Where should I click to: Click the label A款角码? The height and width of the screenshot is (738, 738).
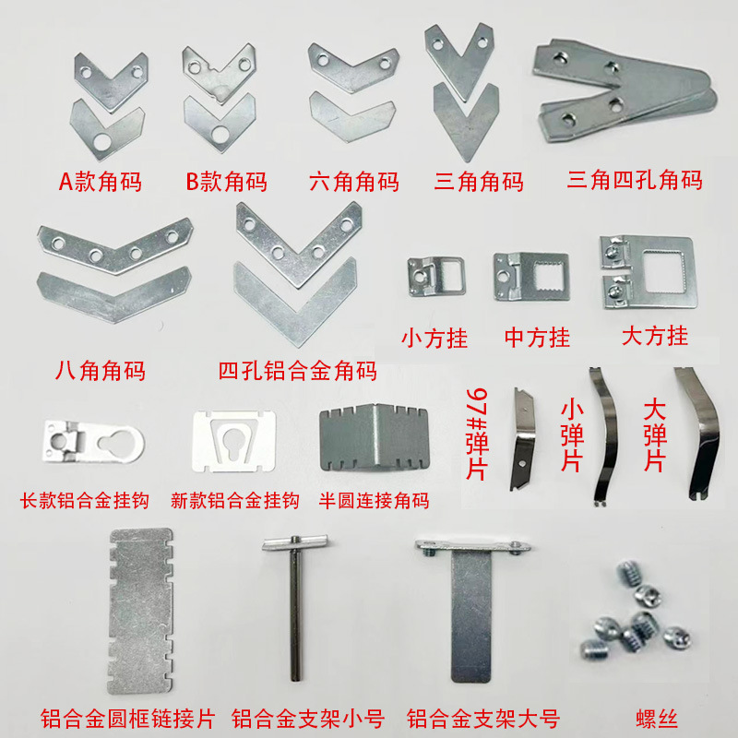[101, 182]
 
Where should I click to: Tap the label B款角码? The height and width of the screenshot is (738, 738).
[226, 182]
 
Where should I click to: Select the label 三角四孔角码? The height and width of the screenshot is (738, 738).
[635, 179]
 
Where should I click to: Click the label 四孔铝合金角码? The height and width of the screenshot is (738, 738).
[297, 372]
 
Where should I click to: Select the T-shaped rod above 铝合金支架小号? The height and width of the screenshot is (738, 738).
[294, 609]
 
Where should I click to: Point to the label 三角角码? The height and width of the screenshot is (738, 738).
[479, 182]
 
